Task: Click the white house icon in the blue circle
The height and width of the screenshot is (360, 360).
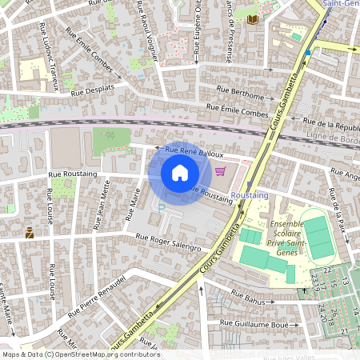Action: point(179,172)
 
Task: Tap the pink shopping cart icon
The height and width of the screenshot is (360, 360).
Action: point(221,171)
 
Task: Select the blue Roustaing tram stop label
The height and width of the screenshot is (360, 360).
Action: point(247,195)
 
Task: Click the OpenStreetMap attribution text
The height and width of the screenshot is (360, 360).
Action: point(80,354)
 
